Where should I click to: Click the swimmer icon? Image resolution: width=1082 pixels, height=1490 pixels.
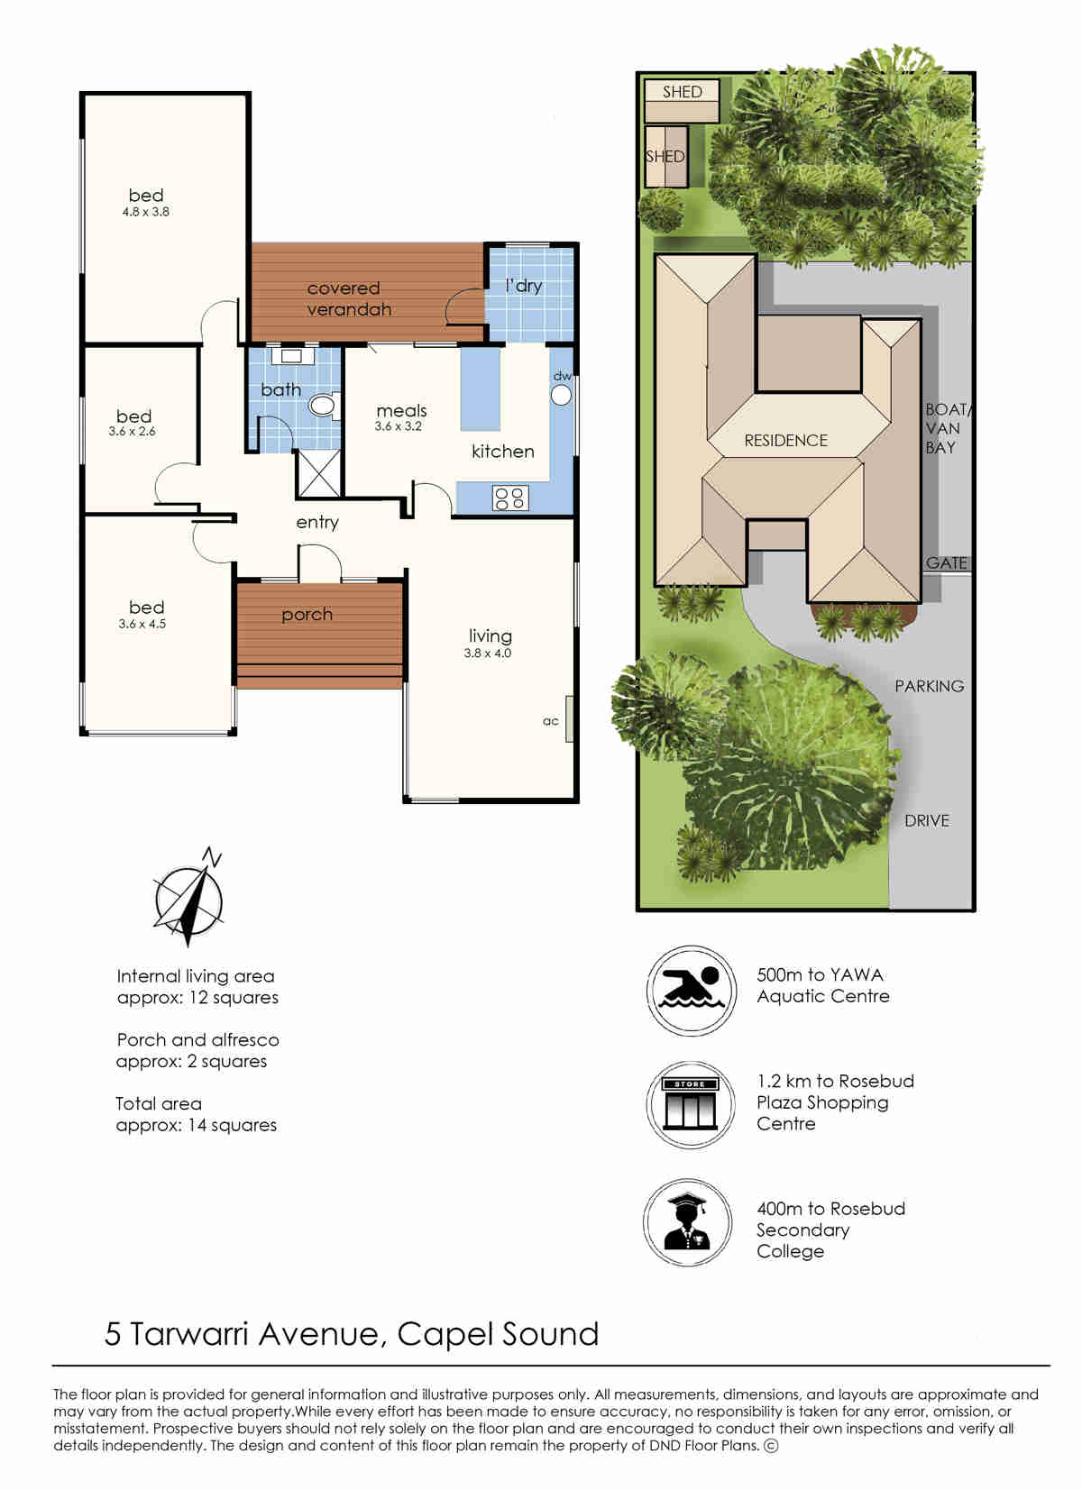click(x=692, y=991)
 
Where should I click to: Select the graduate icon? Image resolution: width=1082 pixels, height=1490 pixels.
click(x=688, y=1222)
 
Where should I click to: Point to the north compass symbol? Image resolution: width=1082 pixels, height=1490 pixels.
click(x=189, y=897)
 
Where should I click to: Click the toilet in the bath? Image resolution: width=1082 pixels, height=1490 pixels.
click(x=325, y=405)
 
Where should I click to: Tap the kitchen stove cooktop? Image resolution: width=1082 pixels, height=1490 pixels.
click(x=509, y=498)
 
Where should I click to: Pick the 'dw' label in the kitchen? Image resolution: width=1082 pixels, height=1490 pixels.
click(x=563, y=376)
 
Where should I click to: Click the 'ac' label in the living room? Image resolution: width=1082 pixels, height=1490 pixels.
click(x=550, y=721)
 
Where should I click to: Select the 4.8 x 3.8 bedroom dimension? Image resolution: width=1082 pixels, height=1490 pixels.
click(x=146, y=212)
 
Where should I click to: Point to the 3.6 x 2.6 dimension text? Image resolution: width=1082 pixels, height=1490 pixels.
click(x=133, y=431)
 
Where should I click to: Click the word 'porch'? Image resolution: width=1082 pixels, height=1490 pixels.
click(x=307, y=615)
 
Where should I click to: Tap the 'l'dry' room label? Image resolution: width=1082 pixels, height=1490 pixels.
click(x=524, y=286)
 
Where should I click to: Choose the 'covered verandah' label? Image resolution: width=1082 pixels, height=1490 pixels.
click(x=349, y=298)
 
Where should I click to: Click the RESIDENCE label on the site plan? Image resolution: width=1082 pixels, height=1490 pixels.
click(x=786, y=441)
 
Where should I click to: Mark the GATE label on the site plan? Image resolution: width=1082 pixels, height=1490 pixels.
click(x=946, y=562)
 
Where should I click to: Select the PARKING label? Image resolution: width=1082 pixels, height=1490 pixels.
click(x=929, y=686)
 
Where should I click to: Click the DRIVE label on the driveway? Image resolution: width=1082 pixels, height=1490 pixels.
click(x=927, y=821)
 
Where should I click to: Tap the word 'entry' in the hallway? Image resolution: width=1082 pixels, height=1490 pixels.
click(x=317, y=523)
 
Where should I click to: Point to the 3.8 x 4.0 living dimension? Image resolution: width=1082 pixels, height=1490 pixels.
click(x=488, y=654)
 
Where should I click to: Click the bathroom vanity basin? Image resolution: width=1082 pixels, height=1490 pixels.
click(x=291, y=355)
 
